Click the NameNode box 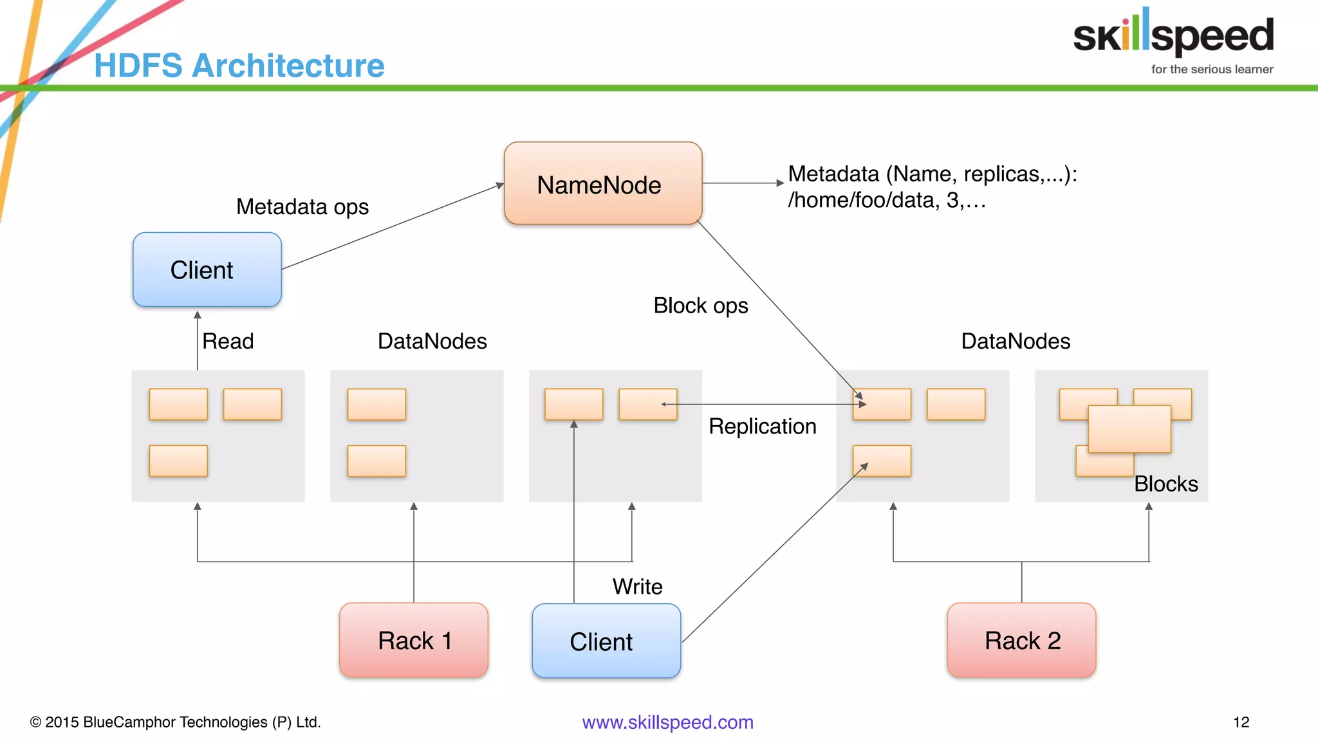coord(602,184)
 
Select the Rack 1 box coord(414,640)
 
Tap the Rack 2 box coord(1021,640)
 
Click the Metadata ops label coord(302,207)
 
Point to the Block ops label coord(700,306)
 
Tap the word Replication coord(762,426)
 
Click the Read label coord(228,341)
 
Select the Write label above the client coord(637,587)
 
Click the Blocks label coord(1165,484)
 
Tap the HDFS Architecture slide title coord(239,66)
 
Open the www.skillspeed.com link coord(667,722)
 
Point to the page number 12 coord(1241,722)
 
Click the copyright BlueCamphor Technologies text coord(175,722)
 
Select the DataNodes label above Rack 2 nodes coord(1015,341)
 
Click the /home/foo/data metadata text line coord(886,201)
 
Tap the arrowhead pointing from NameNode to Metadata coord(780,183)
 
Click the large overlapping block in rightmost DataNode coord(1129,429)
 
